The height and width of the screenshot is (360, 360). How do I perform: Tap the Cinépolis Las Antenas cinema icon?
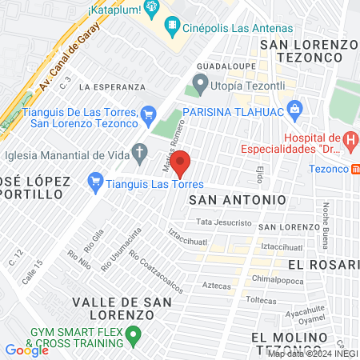click(x=174, y=26)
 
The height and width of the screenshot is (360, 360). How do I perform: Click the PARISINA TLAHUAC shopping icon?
click(x=295, y=108)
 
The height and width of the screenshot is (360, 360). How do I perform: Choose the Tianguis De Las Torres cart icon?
click(x=147, y=115)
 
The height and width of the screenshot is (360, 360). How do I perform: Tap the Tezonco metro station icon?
click(x=355, y=169)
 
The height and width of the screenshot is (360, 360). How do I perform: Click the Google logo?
click(x=26, y=350)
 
